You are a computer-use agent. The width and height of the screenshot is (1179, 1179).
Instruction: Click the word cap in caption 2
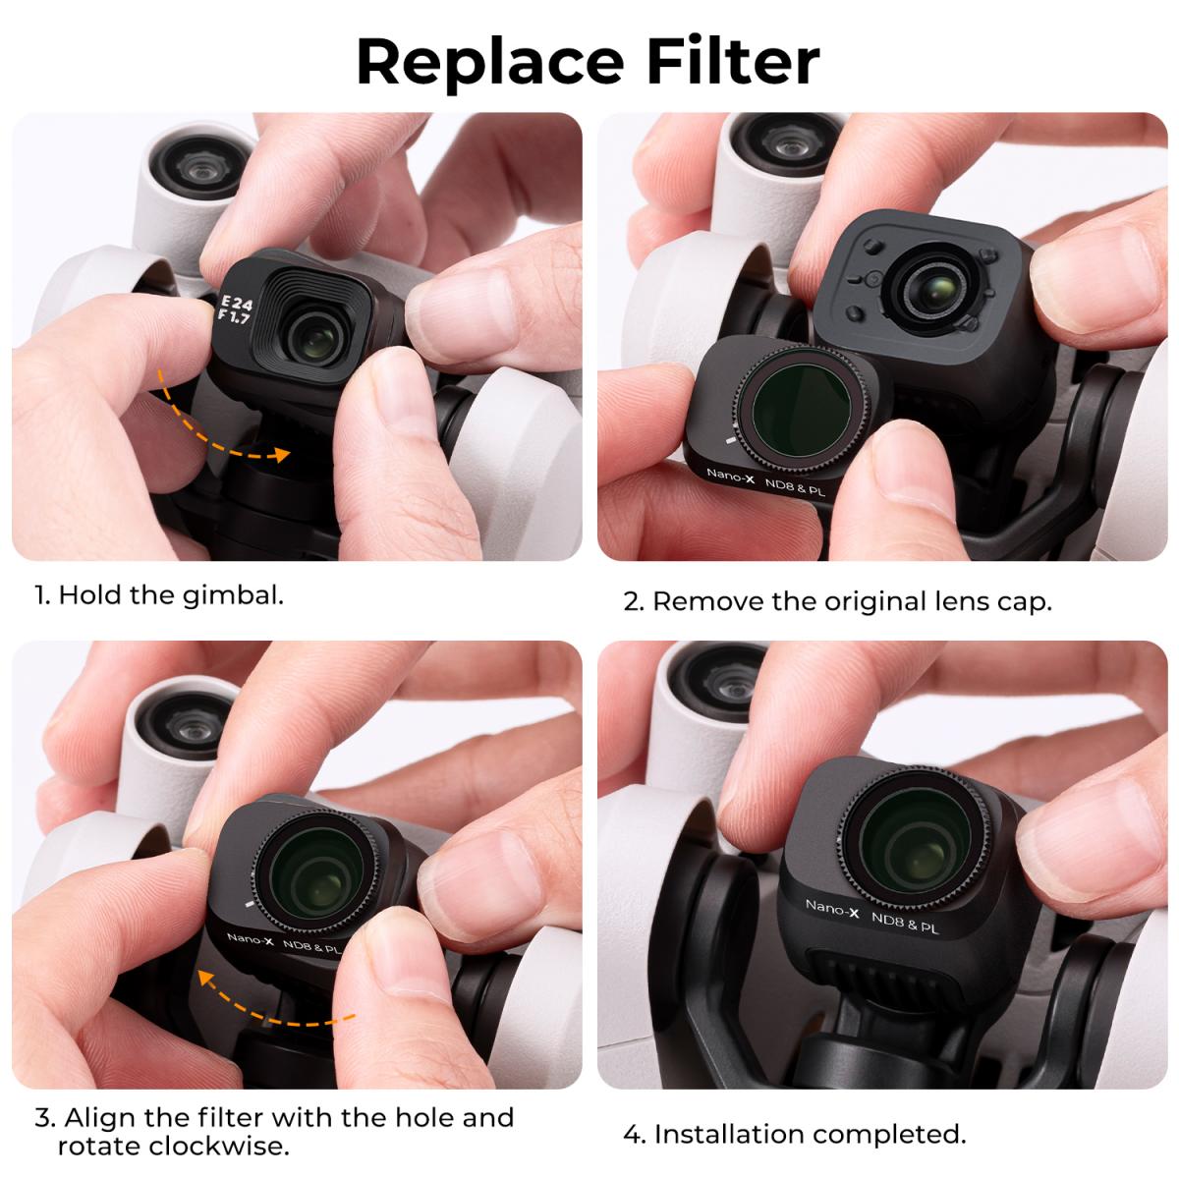(x=1023, y=600)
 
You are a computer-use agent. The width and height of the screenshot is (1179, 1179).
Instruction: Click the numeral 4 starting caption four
(x=633, y=1135)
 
